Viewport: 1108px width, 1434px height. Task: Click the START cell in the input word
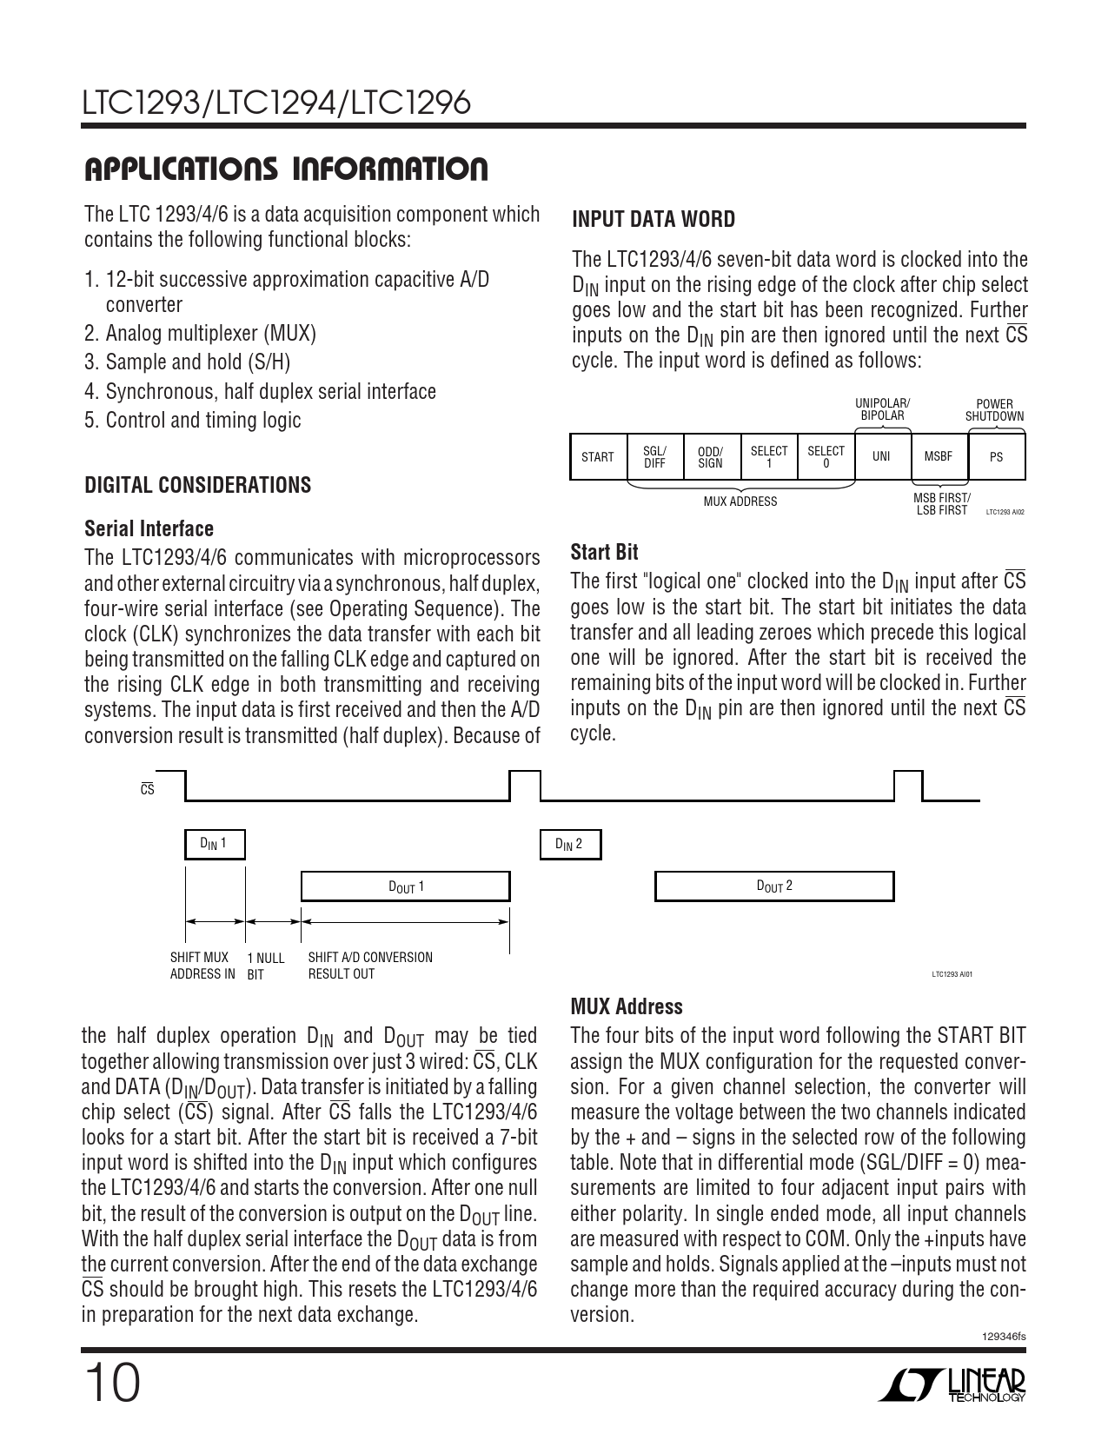[x=598, y=457]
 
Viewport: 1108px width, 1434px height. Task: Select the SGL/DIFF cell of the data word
[x=654, y=457]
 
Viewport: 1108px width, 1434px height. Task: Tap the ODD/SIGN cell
[x=711, y=457]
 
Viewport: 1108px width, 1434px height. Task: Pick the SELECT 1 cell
[x=768, y=457]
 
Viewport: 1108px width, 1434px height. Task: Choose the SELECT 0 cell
[x=826, y=457]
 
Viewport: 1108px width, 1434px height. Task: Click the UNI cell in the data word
[x=881, y=457]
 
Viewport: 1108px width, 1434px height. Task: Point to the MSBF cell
[x=939, y=457]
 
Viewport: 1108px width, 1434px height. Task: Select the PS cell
[x=996, y=457]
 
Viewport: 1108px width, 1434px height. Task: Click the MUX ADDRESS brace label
[x=740, y=501]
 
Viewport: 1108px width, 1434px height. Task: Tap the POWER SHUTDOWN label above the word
[x=994, y=410]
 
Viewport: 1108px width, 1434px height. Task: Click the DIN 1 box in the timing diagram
[x=215, y=844]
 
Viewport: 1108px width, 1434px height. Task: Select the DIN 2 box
[x=570, y=844]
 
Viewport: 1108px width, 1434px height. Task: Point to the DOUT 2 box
[x=773, y=886]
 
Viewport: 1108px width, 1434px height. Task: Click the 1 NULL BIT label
[x=265, y=966]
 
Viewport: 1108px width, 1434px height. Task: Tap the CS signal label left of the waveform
[x=148, y=790]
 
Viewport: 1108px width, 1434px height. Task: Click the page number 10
[x=112, y=1384]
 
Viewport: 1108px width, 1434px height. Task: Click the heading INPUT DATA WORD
[x=653, y=220]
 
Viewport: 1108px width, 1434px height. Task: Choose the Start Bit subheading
[x=604, y=552]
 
